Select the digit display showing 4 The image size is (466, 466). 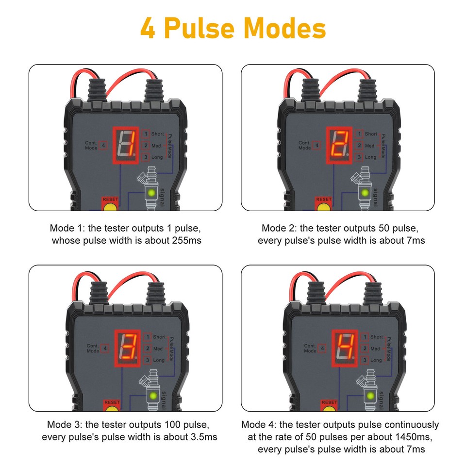click(344, 348)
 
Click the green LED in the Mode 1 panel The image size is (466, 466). click(152, 193)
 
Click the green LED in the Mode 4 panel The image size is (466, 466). click(370, 396)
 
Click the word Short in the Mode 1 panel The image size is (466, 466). click(158, 133)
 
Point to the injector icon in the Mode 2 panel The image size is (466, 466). click(364, 187)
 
